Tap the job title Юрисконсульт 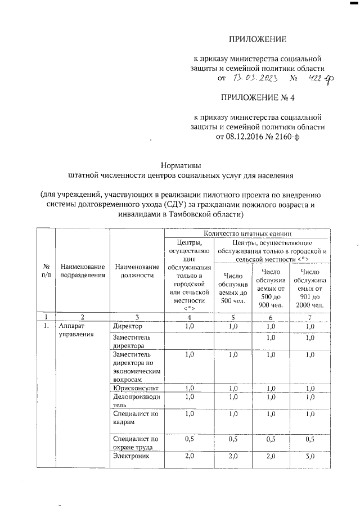[x=136, y=388]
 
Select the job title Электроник [x=132, y=457]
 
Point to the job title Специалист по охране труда [x=136, y=443]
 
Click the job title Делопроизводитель [x=136, y=401]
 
